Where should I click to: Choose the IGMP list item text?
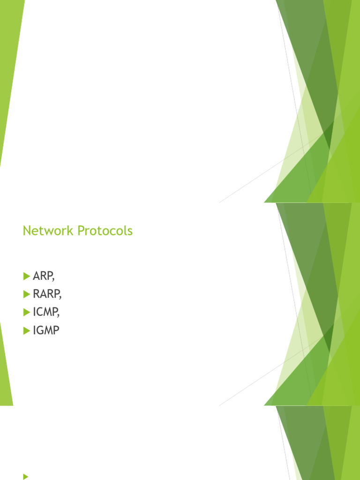pos(46,330)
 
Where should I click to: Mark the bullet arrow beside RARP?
pos(26,294)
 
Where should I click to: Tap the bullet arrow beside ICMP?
pos(26,312)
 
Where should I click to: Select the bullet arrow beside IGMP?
pos(26,330)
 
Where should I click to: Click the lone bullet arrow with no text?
pos(25,476)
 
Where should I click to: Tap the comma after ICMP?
pos(59,315)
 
